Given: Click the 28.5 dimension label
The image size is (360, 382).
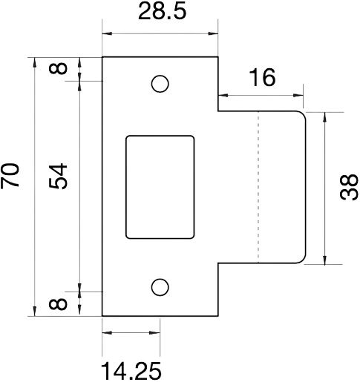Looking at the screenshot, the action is click(x=162, y=11).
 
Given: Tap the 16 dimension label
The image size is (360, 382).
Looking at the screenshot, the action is click(x=263, y=77).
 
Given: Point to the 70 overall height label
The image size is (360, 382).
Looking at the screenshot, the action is click(x=10, y=176).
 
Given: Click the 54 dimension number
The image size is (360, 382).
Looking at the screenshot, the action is click(x=58, y=176).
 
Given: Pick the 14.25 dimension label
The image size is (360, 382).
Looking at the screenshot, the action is click(x=131, y=371).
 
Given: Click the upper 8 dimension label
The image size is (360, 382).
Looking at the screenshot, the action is click(x=58, y=67).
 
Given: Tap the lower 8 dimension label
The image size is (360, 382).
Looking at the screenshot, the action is click(x=58, y=304).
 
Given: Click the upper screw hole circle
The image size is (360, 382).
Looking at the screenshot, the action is click(x=160, y=84).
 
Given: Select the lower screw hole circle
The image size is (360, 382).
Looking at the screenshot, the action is click(x=160, y=287).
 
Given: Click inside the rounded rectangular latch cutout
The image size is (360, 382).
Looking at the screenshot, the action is click(x=160, y=187).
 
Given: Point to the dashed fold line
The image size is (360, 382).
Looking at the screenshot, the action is click(x=258, y=187).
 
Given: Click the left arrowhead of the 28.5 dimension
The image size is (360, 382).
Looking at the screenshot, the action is click(x=107, y=33).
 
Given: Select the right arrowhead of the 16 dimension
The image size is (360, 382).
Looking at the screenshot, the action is click(x=298, y=95).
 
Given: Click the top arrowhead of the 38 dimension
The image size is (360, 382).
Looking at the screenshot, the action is click(x=324, y=117).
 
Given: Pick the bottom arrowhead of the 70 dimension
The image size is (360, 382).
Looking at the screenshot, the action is click(x=35, y=311).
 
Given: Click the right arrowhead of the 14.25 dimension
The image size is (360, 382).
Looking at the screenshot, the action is click(x=155, y=332).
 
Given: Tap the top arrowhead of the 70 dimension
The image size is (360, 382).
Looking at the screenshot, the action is click(x=35, y=62).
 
